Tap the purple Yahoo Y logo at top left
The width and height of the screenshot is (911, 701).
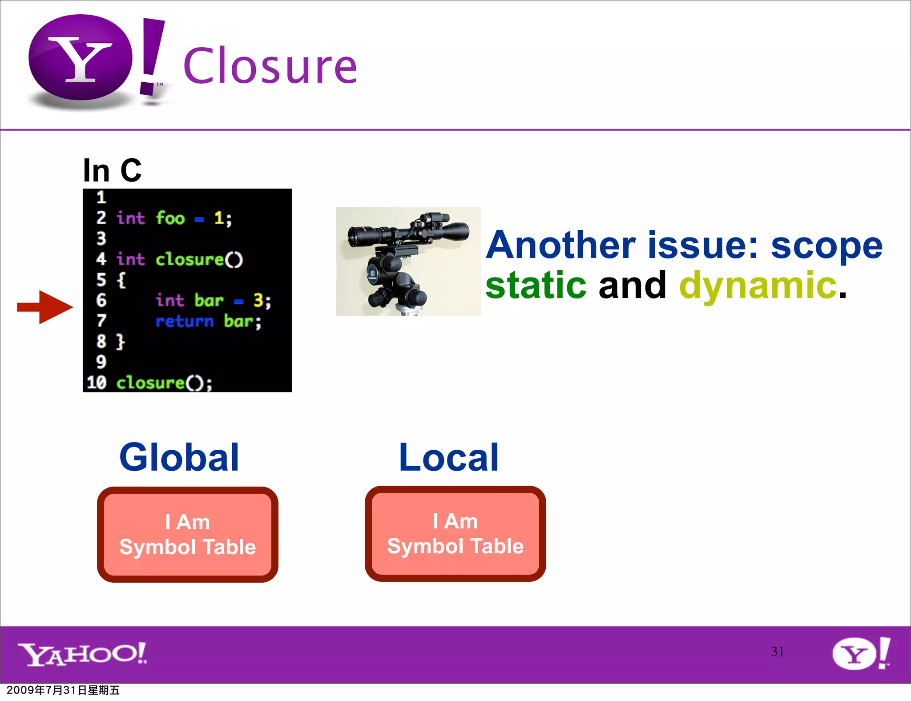(81, 58)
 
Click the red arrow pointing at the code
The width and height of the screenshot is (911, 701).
(45, 307)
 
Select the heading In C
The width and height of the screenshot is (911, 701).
(112, 170)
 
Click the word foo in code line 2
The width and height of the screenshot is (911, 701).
(170, 218)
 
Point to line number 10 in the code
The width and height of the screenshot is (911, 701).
(97, 383)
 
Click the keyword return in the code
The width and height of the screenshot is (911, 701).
(185, 321)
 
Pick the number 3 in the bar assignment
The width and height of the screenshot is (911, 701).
(258, 301)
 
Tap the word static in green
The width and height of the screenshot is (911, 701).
(536, 285)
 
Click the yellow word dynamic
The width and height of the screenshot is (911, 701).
(758, 285)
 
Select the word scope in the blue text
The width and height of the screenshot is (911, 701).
(826, 246)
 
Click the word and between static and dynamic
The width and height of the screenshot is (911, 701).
(632, 285)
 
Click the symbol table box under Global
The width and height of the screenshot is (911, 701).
(187, 534)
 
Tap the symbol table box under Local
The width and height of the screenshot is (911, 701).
(455, 533)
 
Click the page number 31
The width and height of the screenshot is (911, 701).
(777, 652)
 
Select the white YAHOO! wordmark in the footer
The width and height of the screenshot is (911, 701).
(82, 654)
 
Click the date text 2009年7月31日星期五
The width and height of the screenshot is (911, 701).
(63, 690)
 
